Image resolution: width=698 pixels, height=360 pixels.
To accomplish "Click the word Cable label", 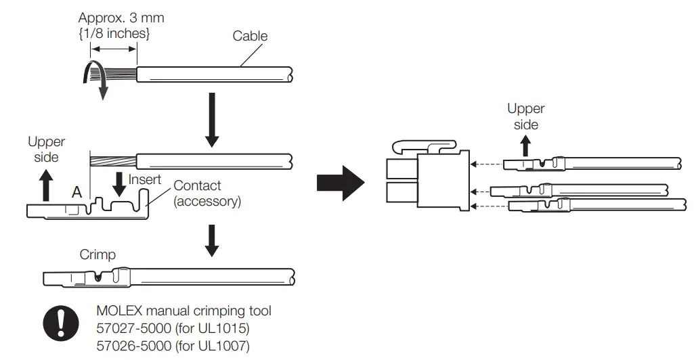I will pos(250,36).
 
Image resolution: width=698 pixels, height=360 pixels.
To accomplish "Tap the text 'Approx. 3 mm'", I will pos(121,18).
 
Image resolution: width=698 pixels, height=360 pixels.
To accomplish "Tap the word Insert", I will pos(145,179).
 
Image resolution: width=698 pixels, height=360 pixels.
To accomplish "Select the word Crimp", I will pos(97,254).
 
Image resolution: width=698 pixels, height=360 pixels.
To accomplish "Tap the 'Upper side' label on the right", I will pos(526,116).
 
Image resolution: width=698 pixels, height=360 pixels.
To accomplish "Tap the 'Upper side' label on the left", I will pos(47,149).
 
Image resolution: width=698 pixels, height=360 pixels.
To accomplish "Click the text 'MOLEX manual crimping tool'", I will pos(184,311).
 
